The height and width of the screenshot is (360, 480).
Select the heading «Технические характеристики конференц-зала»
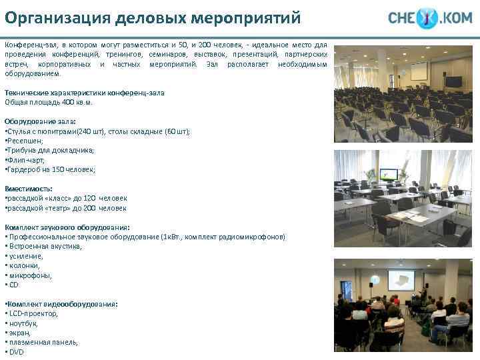pyautogui.click(x=85, y=93)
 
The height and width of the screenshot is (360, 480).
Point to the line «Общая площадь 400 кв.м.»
pyautogui.click(x=49, y=102)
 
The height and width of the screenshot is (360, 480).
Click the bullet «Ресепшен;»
pyautogui.click(x=25, y=141)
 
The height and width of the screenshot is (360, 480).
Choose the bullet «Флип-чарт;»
pyautogui.click(x=25, y=160)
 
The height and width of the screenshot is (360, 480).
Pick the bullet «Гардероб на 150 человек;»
pyautogui.click(x=51, y=169)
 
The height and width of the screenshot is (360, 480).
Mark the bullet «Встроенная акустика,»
pyautogui.click(x=44, y=246)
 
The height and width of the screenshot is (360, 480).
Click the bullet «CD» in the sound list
pyautogui.click(x=13, y=285)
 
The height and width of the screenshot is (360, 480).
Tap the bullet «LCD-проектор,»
pyautogui.click(x=32, y=313)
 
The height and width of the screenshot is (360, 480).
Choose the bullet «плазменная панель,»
pyautogui.click(x=42, y=342)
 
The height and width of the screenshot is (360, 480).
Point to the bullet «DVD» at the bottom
pyautogui.click(x=15, y=351)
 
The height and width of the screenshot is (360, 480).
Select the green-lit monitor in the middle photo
pyautogui.click(x=388, y=175)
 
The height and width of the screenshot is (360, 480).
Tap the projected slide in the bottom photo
pyautogui.click(x=401, y=281)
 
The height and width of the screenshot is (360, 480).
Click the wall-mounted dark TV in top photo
pyautogui.click(x=453, y=81)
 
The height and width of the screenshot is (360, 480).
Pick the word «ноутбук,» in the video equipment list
pyautogui.click(x=25, y=323)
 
